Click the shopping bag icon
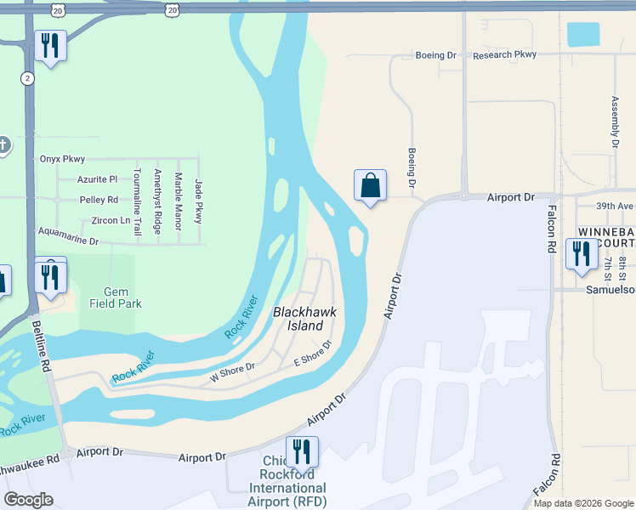point(370,185)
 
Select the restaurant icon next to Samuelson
point(582,254)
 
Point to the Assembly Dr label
point(615,122)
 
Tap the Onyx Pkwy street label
point(62,159)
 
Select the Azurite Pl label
point(96,179)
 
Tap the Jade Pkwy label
point(199,201)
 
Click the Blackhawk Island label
point(304,319)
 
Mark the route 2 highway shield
point(28,77)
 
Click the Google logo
point(28,499)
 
